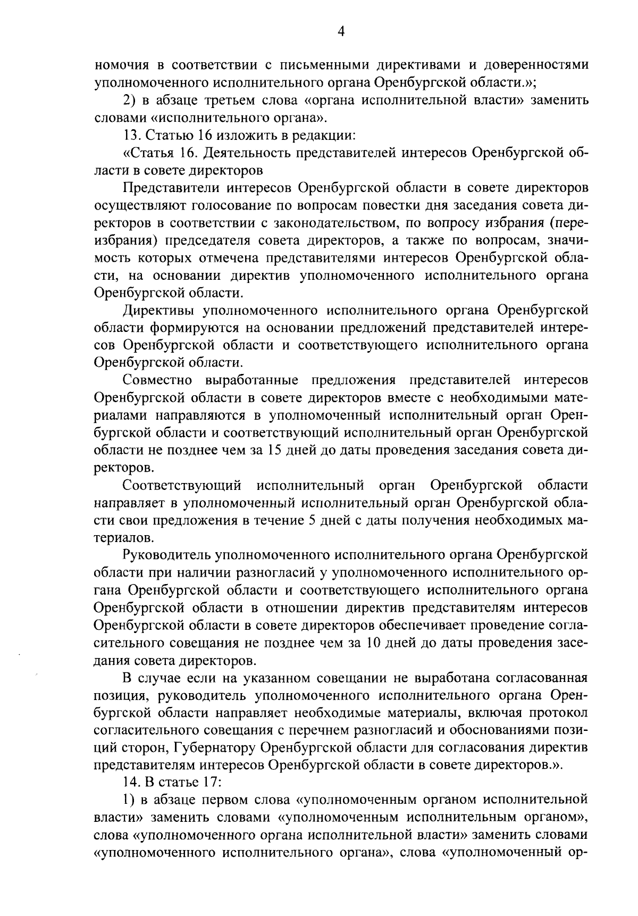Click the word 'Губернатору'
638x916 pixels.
click(215, 748)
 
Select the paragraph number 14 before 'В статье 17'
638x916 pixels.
click(129, 782)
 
